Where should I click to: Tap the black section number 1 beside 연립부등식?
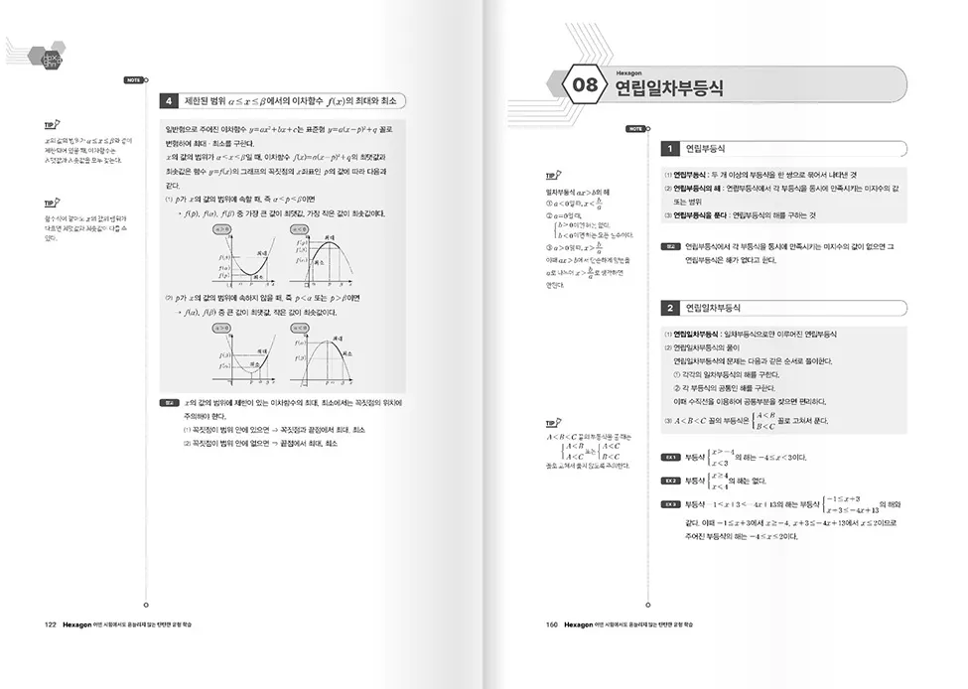pos(671,149)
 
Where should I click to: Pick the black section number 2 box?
pos(671,308)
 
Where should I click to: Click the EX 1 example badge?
pos(671,457)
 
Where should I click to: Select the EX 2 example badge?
pos(671,481)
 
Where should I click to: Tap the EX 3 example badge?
pos(671,504)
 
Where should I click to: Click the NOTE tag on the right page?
pos(634,129)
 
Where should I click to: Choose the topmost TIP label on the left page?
pos(52,125)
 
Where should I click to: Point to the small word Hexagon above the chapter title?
pos(629,72)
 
